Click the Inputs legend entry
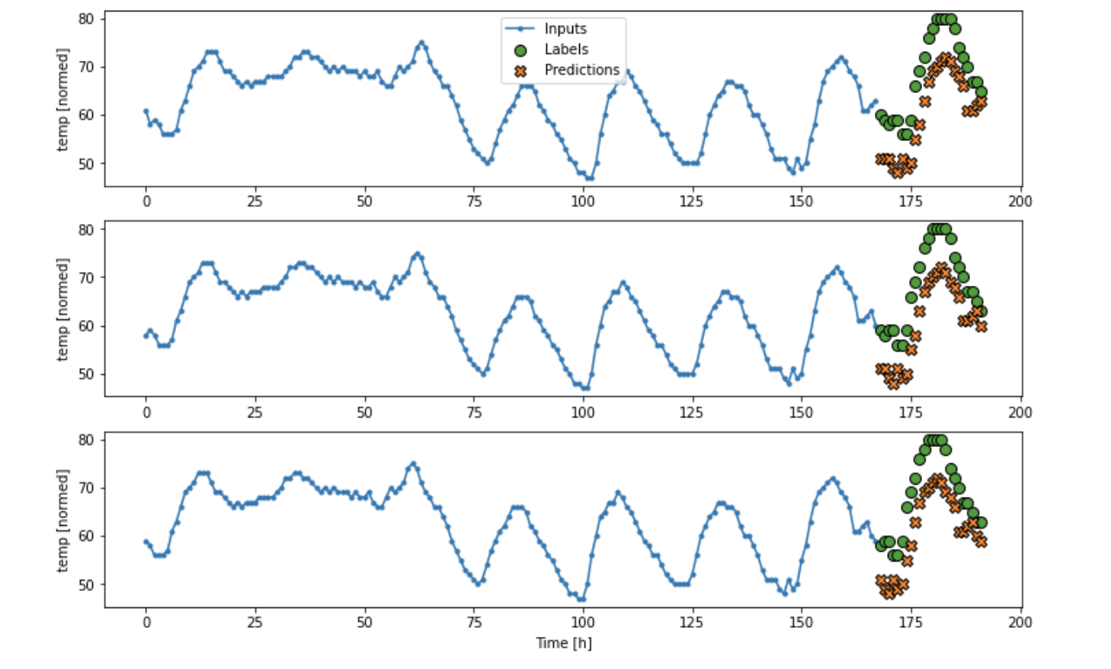pyautogui.click(x=565, y=29)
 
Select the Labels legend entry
pyautogui.click(x=565, y=50)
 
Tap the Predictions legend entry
pyautogui.click(x=581, y=70)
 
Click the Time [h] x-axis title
pyautogui.click(x=563, y=643)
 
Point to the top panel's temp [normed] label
pyautogui.click(x=62, y=99)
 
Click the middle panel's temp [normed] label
pyautogui.click(x=62, y=309)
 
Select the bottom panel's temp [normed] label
pyautogui.click(x=62, y=520)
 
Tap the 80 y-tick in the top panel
pyautogui.click(x=86, y=19)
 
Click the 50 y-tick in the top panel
pyautogui.click(x=86, y=164)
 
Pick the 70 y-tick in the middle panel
pyautogui.click(x=86, y=278)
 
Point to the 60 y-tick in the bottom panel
pyautogui.click(x=86, y=536)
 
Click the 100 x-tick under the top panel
pyautogui.click(x=583, y=202)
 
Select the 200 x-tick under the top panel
pyautogui.click(x=1020, y=202)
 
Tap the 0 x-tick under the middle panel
pyautogui.click(x=146, y=413)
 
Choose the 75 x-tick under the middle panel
pyautogui.click(x=474, y=413)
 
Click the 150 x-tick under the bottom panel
pyautogui.click(x=801, y=623)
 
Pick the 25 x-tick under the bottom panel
pyautogui.click(x=255, y=623)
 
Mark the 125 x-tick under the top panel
pyautogui.click(x=692, y=202)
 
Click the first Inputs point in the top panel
pyautogui.click(x=146, y=111)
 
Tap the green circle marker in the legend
pyautogui.click(x=520, y=50)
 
